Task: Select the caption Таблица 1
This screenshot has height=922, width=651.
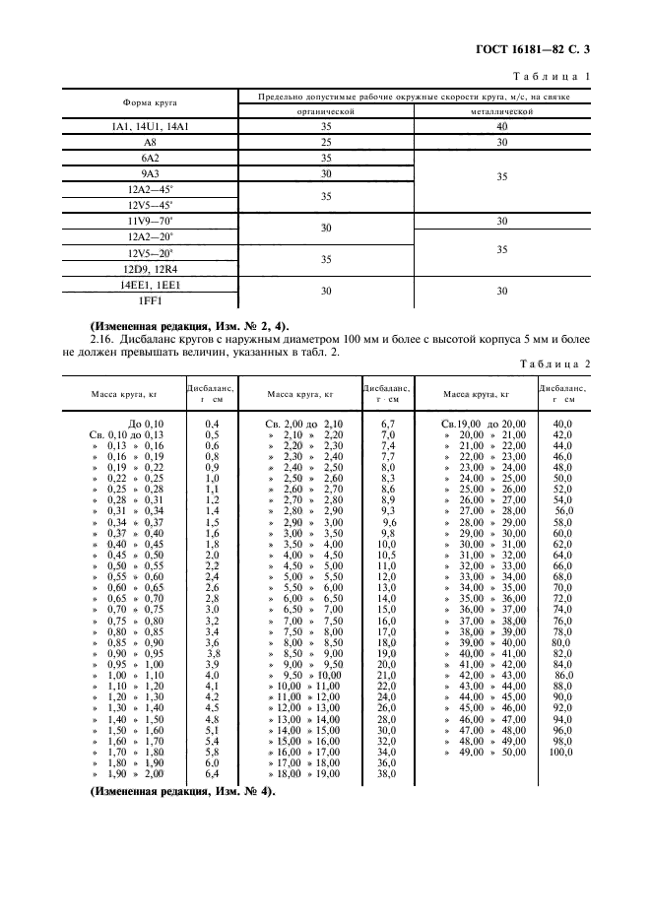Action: pyautogui.click(x=557, y=76)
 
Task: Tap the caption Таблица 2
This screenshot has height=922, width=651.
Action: pyautogui.click(x=557, y=365)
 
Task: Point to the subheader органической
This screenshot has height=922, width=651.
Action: pyautogui.click(x=325, y=112)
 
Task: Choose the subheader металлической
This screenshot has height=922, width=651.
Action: pyautogui.click(x=502, y=112)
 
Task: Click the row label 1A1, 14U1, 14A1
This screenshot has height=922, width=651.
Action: pyautogui.click(x=151, y=127)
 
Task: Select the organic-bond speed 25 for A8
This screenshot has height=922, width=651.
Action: pyautogui.click(x=325, y=142)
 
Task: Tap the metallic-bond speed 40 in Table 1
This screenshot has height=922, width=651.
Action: pyautogui.click(x=502, y=127)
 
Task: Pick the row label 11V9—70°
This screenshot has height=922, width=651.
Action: pyautogui.click(x=151, y=221)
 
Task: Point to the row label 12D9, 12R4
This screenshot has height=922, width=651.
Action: pyautogui.click(x=151, y=268)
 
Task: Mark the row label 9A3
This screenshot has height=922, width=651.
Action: pyautogui.click(x=151, y=173)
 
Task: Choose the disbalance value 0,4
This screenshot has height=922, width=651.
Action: pyautogui.click(x=211, y=423)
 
